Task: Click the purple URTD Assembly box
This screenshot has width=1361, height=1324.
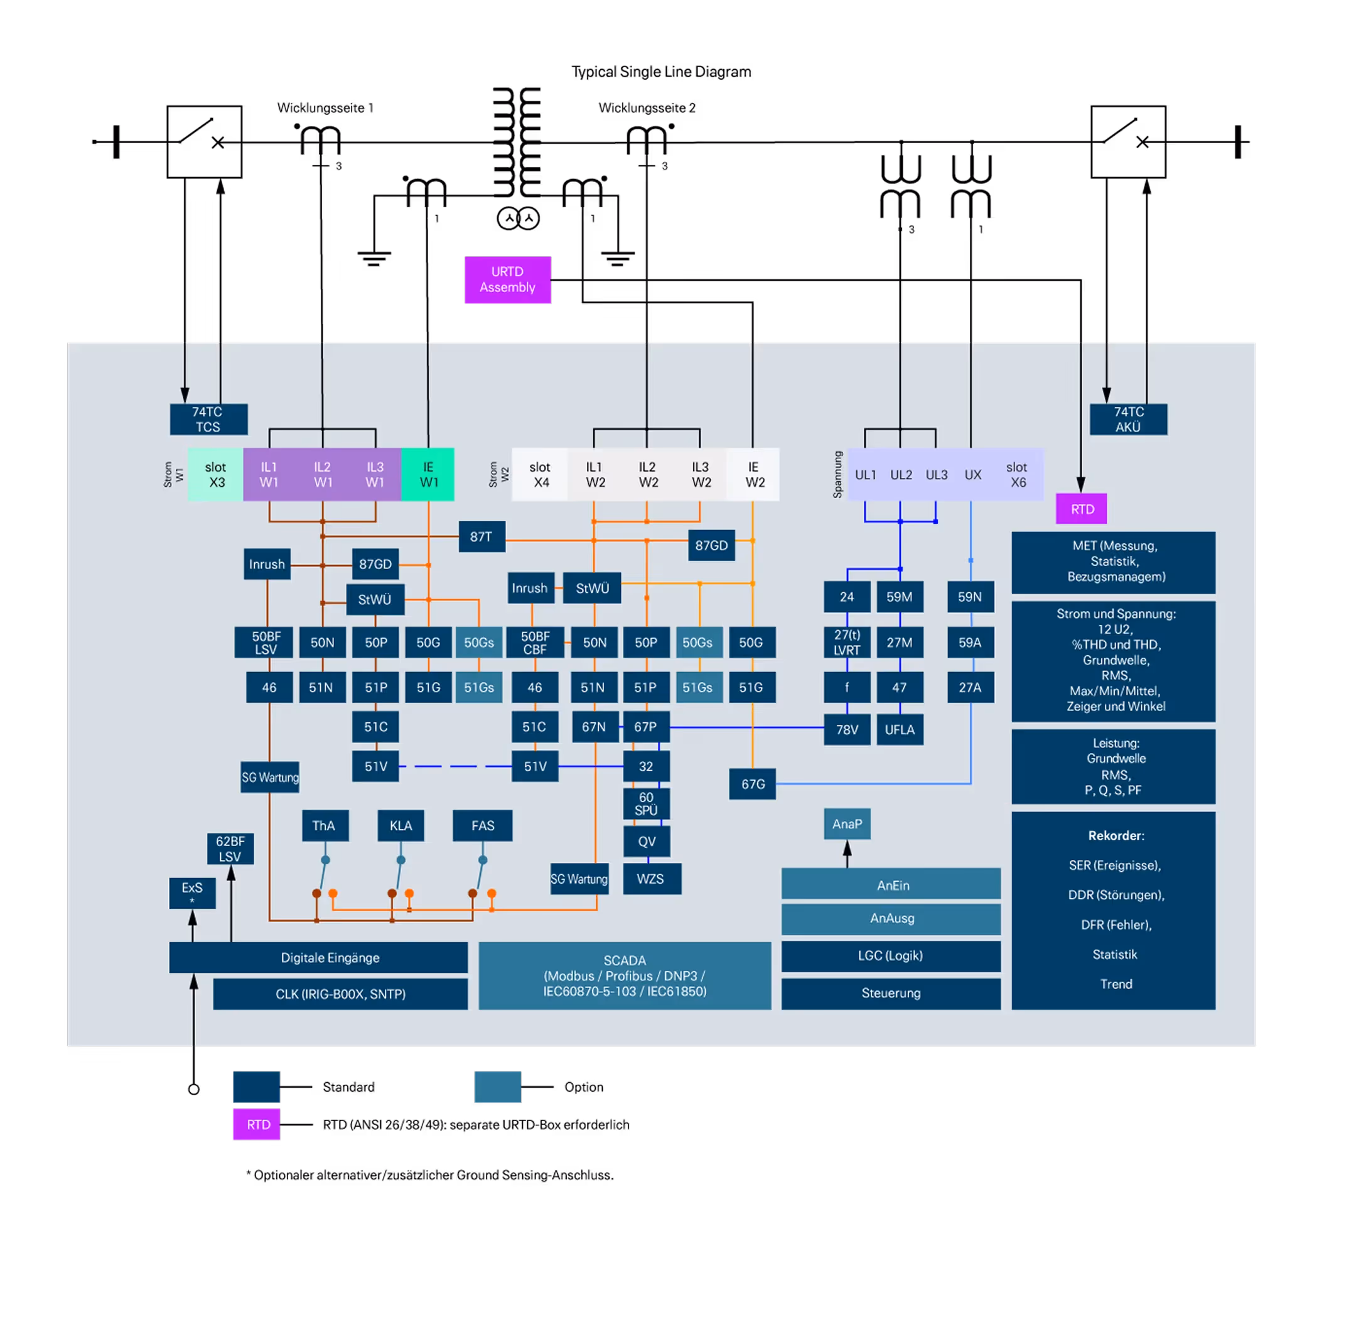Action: (x=507, y=280)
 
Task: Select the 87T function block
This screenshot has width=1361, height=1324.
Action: (x=481, y=537)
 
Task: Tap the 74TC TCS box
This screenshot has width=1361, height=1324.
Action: (x=208, y=420)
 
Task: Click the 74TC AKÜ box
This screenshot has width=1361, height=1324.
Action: (x=1128, y=420)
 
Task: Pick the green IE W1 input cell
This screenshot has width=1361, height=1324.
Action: (x=428, y=474)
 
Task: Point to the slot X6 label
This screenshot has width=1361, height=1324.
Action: (x=1017, y=474)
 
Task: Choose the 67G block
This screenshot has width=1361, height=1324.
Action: (x=752, y=784)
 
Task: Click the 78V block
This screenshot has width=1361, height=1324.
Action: (x=847, y=729)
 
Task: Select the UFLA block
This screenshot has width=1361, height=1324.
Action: (x=900, y=729)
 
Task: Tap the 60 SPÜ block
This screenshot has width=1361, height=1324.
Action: (x=647, y=804)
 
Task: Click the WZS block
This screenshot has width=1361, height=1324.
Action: (x=651, y=879)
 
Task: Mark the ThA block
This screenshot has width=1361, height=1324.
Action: (x=325, y=825)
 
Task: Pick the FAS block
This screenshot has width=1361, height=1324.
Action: (x=482, y=825)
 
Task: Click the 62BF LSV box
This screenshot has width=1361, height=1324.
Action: (x=230, y=849)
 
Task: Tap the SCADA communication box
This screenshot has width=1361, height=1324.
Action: (x=624, y=975)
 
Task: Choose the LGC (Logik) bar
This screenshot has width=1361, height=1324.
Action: (x=890, y=955)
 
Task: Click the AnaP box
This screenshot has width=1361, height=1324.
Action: (x=847, y=824)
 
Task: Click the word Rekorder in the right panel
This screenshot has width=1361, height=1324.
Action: (x=1116, y=835)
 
